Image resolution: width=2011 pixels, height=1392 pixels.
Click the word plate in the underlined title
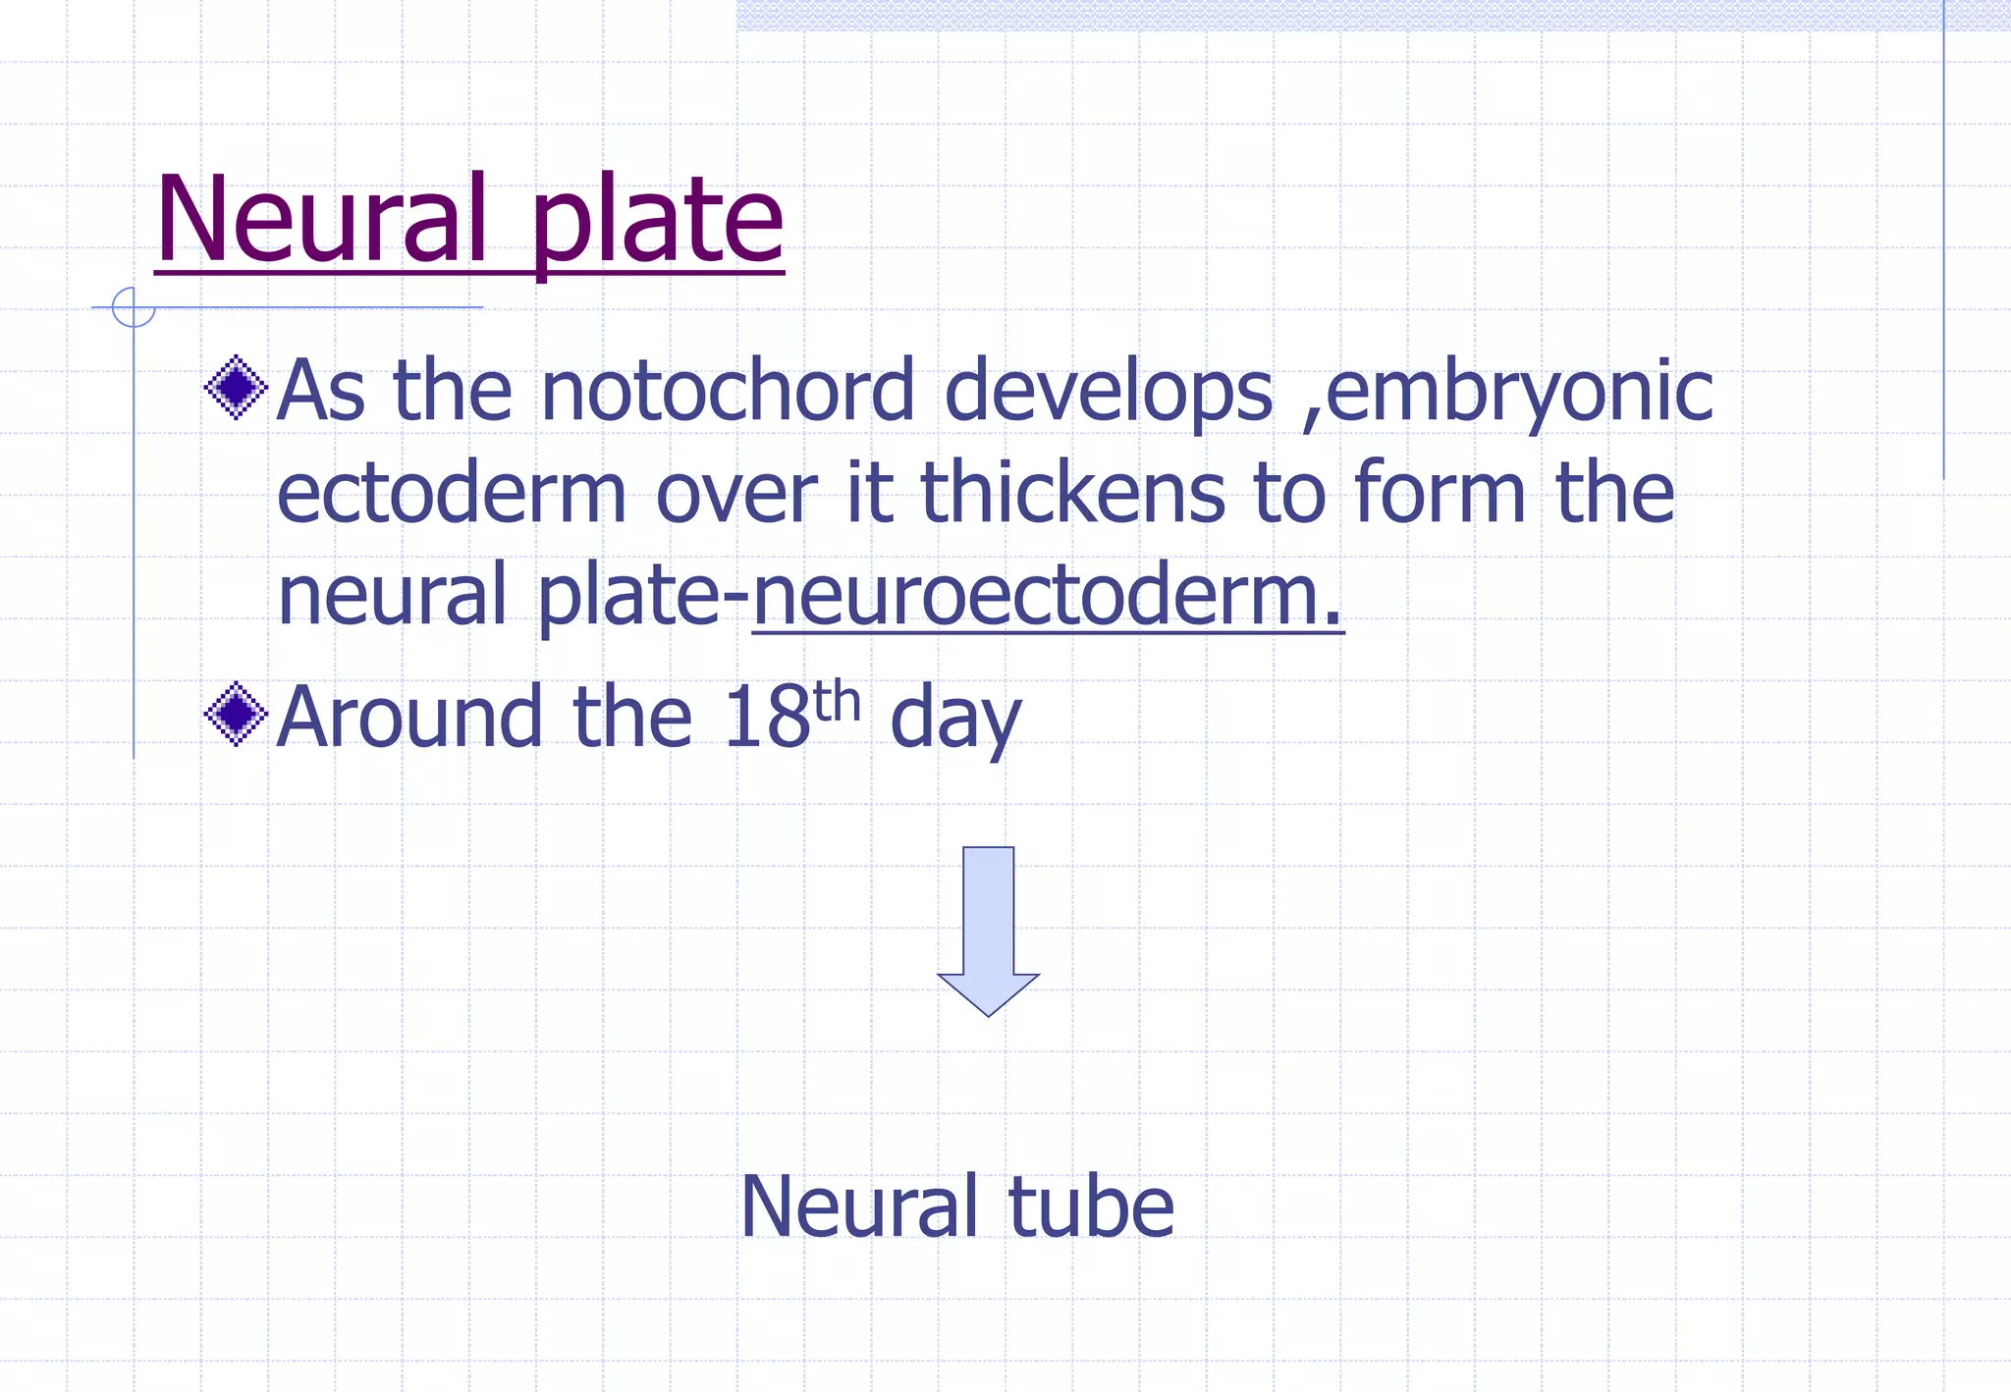(657, 224)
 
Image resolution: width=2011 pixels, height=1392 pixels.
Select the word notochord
(728, 391)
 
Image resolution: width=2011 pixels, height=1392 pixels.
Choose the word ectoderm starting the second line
(452, 493)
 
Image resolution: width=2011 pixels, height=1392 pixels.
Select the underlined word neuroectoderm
(1047, 594)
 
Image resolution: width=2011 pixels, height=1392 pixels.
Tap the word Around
(409, 717)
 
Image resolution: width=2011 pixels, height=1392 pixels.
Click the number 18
(766, 717)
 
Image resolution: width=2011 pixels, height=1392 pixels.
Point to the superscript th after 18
(837, 701)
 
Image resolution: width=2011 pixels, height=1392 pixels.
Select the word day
(955, 722)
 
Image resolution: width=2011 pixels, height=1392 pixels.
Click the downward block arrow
(988, 929)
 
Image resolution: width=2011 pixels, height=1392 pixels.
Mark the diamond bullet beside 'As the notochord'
(236, 387)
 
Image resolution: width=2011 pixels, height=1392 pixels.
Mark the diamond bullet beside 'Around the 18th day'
(236, 714)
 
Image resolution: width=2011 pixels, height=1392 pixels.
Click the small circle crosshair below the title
(134, 307)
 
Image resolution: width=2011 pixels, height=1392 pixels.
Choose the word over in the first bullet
(736, 493)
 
